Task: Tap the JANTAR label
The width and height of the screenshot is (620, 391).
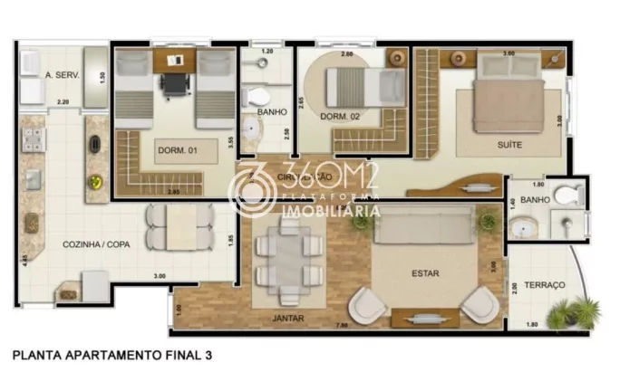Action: click(288, 318)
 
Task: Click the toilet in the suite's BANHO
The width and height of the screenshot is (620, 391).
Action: click(568, 194)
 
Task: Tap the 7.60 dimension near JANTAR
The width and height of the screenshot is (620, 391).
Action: click(341, 325)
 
